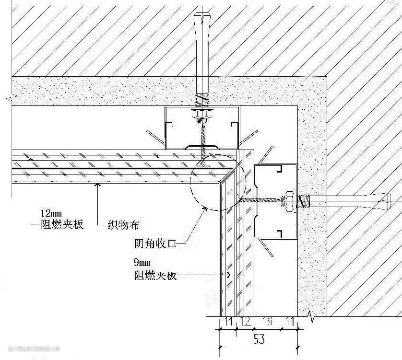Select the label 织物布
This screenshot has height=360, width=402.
point(123,225)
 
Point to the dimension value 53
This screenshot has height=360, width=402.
point(259,339)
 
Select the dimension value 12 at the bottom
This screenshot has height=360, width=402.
point(245,322)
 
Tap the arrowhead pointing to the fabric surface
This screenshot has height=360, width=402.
point(97,185)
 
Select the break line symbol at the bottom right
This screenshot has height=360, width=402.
point(313,316)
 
